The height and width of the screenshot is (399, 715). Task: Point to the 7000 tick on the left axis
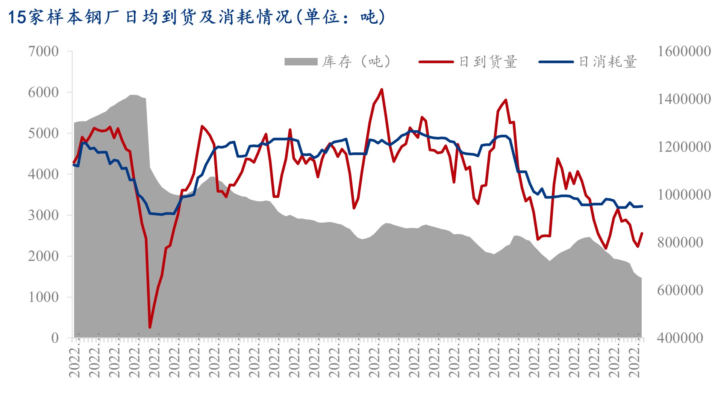pos(44,52)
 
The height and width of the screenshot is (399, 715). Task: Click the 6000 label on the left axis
pos(44,93)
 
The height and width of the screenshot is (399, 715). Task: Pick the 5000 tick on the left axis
pos(44,134)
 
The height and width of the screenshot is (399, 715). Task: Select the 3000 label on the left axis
pos(44,215)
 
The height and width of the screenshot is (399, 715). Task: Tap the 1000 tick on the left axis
pos(44,297)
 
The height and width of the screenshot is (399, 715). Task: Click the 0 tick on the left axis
pos(55,338)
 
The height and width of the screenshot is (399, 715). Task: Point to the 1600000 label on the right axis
pos(684,52)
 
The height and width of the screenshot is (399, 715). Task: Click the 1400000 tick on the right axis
pos(684,99)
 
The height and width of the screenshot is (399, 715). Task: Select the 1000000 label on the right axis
pos(684,195)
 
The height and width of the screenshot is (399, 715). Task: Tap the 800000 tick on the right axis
pos(680,243)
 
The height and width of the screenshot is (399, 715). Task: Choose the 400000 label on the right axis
pos(680,338)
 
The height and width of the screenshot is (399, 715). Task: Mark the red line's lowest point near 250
pos(150,328)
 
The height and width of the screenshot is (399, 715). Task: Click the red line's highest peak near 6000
pos(382,90)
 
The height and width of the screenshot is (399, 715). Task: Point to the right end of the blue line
pos(642,206)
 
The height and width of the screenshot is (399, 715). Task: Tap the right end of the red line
pos(642,233)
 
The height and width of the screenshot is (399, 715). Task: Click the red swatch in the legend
pos(436,62)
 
